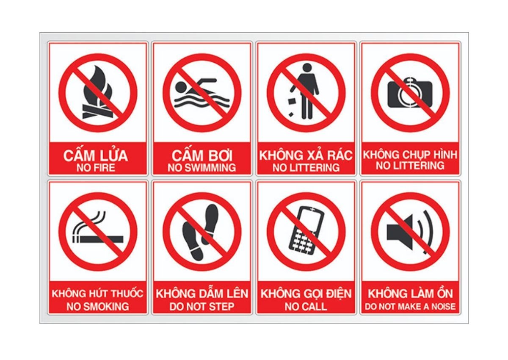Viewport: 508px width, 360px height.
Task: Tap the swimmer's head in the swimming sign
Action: point(181,86)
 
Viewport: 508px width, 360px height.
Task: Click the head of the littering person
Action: point(307,68)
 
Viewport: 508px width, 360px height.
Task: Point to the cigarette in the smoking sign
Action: point(98,239)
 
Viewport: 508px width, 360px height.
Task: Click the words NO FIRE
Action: point(96,168)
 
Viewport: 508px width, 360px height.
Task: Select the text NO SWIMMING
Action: point(202,168)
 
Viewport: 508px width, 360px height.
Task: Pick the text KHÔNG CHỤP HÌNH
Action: point(410,155)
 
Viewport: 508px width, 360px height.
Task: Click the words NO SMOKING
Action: point(98,307)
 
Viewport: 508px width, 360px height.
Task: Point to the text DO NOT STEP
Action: point(202,307)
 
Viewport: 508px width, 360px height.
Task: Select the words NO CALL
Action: point(306,307)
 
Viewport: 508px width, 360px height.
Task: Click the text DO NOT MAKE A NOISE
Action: point(410,307)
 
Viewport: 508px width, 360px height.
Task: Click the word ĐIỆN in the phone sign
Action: point(338,293)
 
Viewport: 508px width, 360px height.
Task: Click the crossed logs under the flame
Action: point(97,111)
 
